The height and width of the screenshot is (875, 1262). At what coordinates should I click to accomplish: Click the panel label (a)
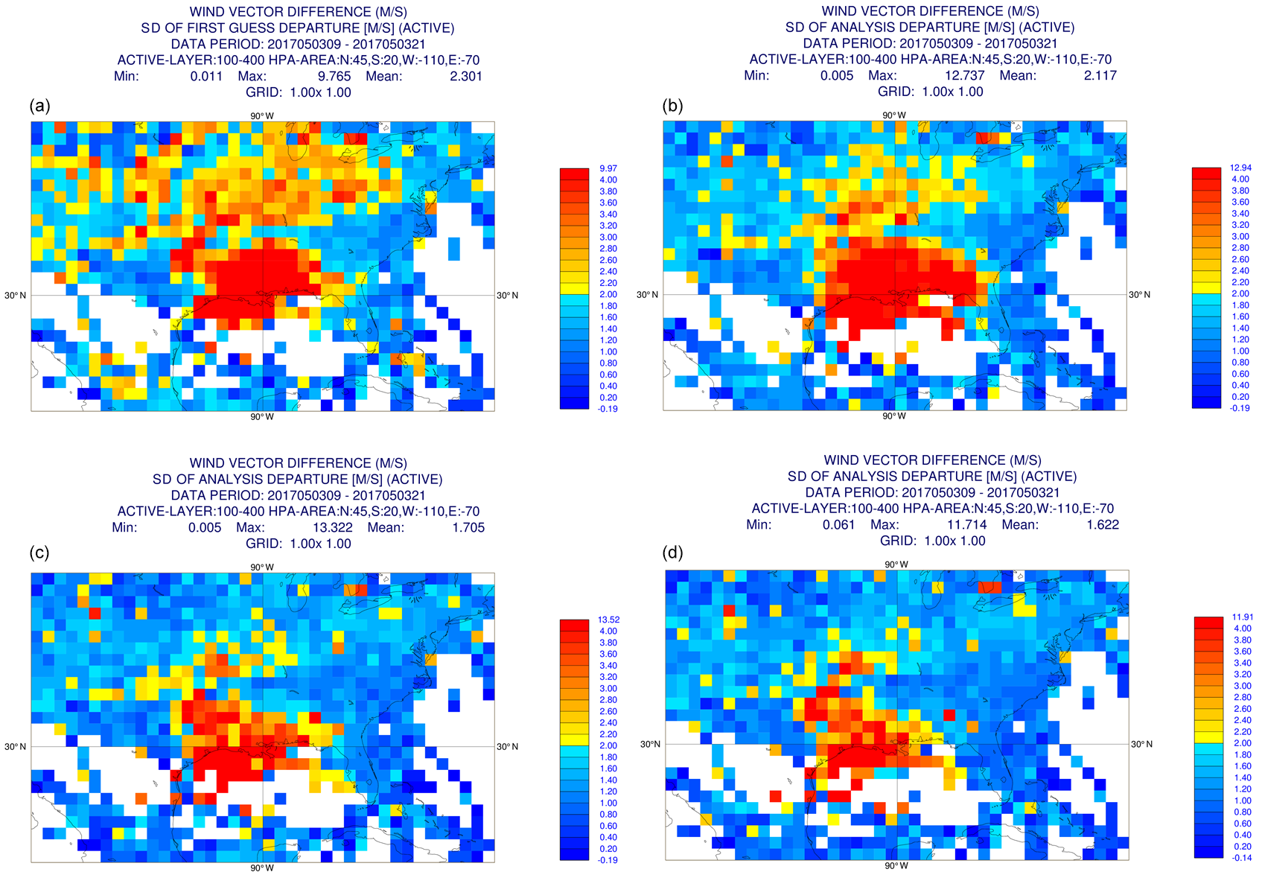[40, 106]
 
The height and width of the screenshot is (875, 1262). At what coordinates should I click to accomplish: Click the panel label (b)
[672, 105]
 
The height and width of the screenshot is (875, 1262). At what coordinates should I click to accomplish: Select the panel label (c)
[40, 553]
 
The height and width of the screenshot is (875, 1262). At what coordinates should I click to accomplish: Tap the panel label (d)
[672, 553]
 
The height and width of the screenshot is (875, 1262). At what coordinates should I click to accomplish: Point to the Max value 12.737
[963, 75]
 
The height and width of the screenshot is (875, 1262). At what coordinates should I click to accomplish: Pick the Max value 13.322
[331, 527]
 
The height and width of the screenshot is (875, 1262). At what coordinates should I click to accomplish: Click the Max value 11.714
[966, 524]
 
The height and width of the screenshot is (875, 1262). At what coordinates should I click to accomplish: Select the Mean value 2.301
[466, 76]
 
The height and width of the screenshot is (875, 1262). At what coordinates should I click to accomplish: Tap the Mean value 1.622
[1103, 524]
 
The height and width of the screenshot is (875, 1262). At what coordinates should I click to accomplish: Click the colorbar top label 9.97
[608, 168]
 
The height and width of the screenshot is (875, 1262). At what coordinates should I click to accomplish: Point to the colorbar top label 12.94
[1240, 168]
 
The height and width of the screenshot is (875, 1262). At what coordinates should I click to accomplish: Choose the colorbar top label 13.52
[608, 620]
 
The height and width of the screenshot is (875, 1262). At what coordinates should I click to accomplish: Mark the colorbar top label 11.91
[1243, 617]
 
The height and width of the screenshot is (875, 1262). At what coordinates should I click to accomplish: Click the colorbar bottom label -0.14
[1242, 858]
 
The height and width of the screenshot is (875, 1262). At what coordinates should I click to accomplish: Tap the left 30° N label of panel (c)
[15, 746]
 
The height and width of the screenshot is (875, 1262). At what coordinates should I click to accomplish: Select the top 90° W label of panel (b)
[894, 115]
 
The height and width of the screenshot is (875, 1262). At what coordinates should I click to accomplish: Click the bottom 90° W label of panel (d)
[896, 865]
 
